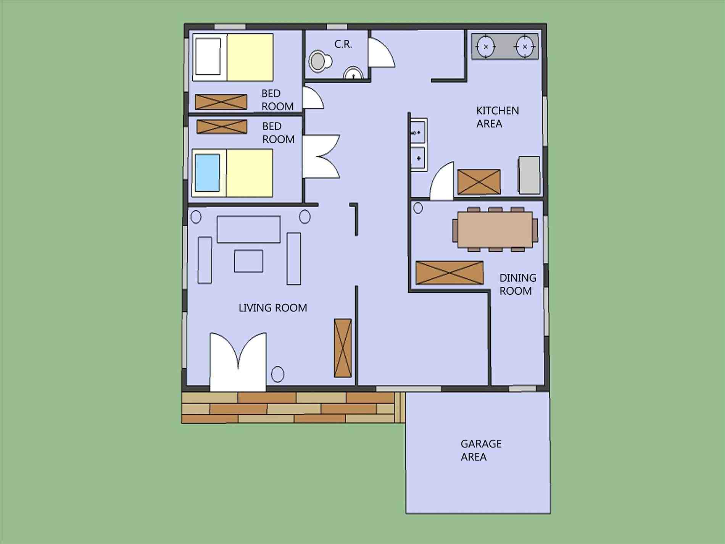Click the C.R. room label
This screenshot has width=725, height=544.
tap(343, 44)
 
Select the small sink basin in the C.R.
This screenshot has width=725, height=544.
tap(353, 73)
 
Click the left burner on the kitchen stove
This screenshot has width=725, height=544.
tap(486, 47)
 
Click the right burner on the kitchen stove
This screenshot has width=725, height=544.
tap(525, 47)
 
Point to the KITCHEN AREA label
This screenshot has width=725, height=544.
tap(497, 117)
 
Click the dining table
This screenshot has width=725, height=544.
tap(495, 229)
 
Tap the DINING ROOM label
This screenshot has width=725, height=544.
tap(517, 284)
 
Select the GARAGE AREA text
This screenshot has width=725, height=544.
tap(480, 450)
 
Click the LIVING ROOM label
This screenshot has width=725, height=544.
tap(272, 308)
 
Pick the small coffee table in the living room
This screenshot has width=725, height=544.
tap(248, 261)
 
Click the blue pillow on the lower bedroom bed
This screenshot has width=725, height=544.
tap(207, 173)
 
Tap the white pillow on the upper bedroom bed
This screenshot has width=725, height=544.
tap(208, 56)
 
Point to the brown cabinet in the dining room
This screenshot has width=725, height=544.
tap(449, 273)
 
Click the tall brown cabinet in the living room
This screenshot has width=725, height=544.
tap(342, 348)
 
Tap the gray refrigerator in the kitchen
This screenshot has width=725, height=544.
tap(529, 175)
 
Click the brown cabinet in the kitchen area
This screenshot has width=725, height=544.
tap(479, 182)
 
